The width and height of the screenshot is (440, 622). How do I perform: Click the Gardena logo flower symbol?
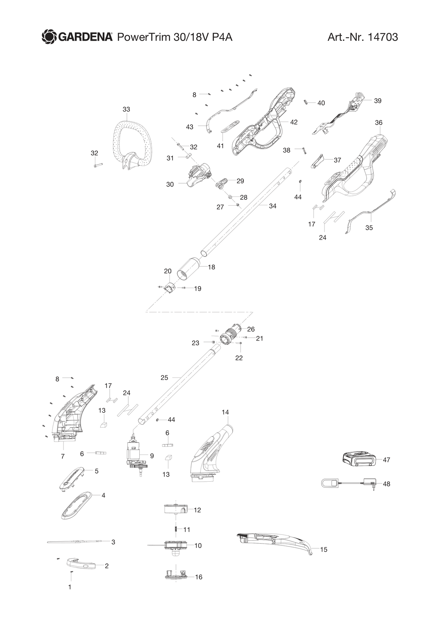pos(49,37)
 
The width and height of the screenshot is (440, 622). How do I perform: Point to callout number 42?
pos(294,122)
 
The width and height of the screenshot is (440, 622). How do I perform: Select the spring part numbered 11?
pos(176,530)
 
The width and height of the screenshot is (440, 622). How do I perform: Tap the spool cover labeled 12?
pos(175,509)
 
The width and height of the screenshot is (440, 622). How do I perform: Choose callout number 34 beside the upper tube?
pos(272,206)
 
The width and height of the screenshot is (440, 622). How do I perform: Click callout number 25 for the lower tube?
pos(164,378)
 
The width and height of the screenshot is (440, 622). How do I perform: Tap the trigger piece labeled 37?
pos(317,162)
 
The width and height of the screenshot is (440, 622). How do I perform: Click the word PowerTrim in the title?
pos(143,37)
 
